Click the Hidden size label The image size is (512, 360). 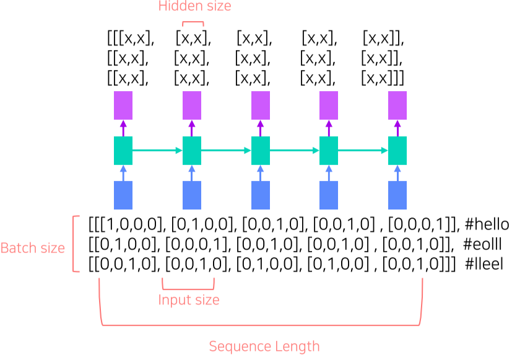coord(194,7)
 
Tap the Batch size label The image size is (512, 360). coord(32,248)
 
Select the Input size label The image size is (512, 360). coord(188,301)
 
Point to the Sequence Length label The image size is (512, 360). coord(264,346)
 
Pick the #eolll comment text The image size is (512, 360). coord(484,244)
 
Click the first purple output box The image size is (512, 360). coord(123,105)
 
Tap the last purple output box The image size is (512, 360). coord(397,105)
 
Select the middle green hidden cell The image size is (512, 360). coord(260,151)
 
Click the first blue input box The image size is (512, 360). coord(123,195)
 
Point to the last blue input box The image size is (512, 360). coord(397,195)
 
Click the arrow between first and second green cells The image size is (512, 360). coord(157,151)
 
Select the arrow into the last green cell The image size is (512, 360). coord(363,151)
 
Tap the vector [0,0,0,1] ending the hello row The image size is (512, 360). coord(419,224)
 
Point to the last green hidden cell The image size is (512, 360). coord(397,151)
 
